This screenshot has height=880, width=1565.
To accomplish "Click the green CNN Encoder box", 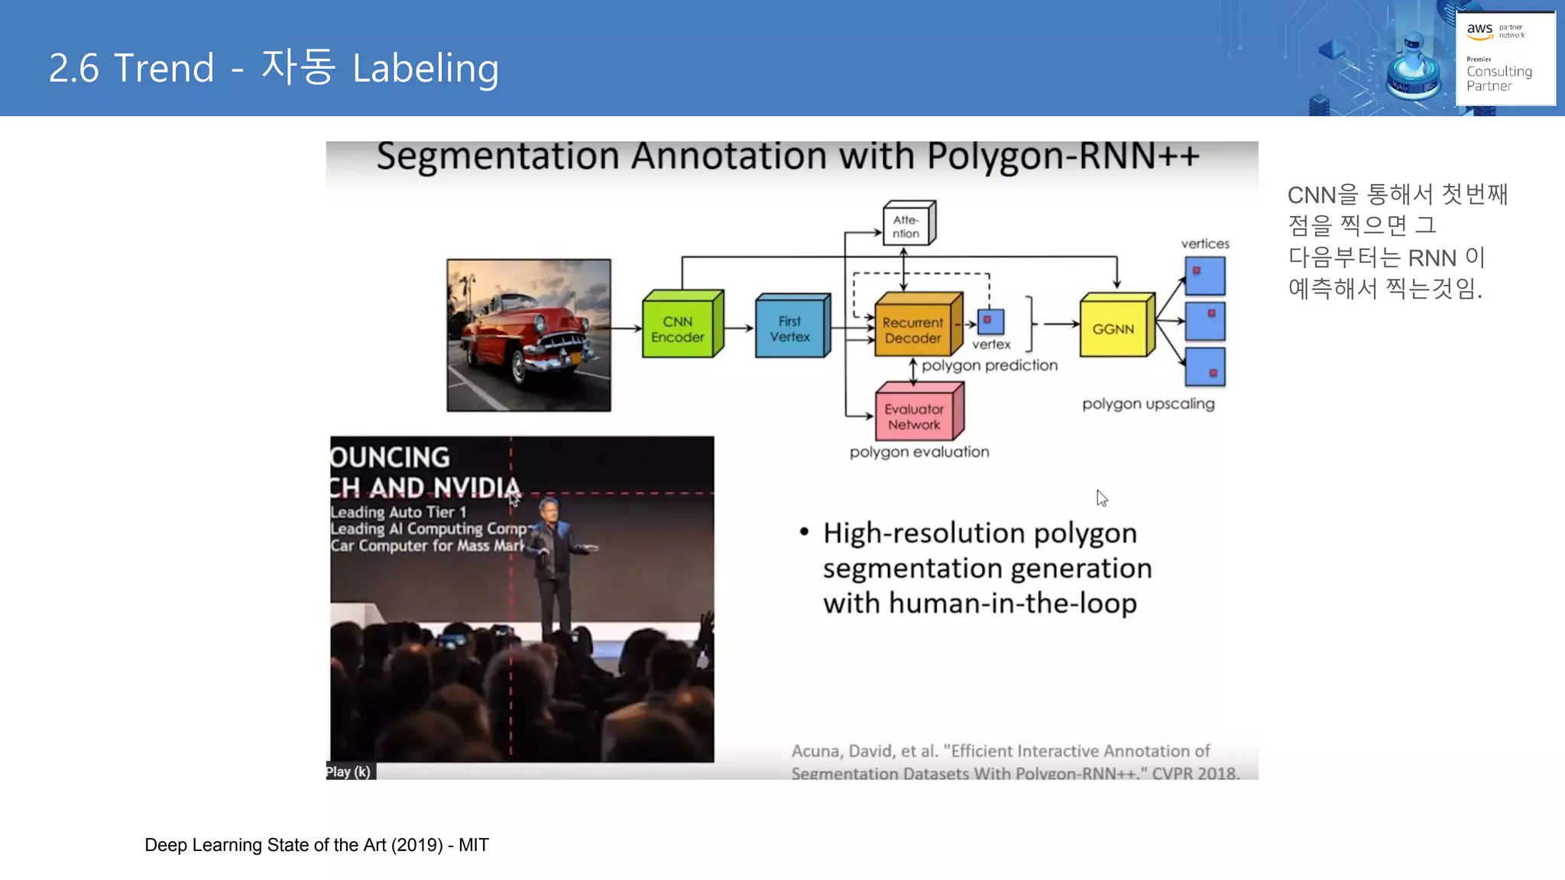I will [678, 329].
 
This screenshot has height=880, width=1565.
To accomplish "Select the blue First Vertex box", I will [790, 329].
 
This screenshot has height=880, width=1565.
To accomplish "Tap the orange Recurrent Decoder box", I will [913, 330].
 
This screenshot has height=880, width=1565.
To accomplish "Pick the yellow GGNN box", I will [1113, 329].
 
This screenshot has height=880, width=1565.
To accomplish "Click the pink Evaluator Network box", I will [915, 416].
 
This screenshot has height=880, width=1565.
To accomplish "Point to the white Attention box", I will [906, 227].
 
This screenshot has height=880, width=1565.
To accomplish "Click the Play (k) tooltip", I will [349, 772].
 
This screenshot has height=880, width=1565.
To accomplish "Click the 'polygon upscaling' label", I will [1148, 404].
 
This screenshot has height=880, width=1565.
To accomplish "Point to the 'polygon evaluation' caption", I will [919, 452].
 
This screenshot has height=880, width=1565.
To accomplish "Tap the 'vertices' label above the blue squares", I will [1205, 244].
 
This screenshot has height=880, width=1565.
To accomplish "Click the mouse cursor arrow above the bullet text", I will [1101, 498].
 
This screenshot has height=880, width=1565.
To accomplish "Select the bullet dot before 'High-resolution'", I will [804, 532].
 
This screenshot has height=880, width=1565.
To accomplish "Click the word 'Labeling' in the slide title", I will [426, 68].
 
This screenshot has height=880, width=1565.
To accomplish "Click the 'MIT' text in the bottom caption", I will [474, 845].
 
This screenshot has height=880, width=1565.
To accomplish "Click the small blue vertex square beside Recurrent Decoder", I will [990, 321].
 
